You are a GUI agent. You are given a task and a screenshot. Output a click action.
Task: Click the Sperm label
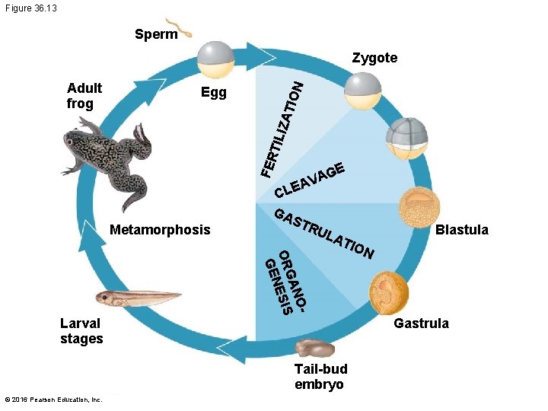(156, 34)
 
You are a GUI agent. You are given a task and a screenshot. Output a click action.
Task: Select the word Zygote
(374, 58)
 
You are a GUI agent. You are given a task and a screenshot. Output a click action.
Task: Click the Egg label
(214, 92)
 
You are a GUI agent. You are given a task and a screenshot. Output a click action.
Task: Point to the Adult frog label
(84, 95)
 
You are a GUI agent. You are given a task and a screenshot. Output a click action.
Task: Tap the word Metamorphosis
(160, 229)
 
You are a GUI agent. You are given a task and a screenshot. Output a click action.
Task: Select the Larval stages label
(81, 331)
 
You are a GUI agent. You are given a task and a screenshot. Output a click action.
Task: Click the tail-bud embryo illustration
(314, 349)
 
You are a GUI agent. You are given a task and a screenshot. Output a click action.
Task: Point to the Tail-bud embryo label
(320, 377)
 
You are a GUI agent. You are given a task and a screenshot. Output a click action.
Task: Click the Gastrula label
(421, 323)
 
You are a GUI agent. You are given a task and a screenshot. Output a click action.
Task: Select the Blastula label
(462, 230)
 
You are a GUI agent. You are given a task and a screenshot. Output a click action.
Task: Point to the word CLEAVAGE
(311, 178)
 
